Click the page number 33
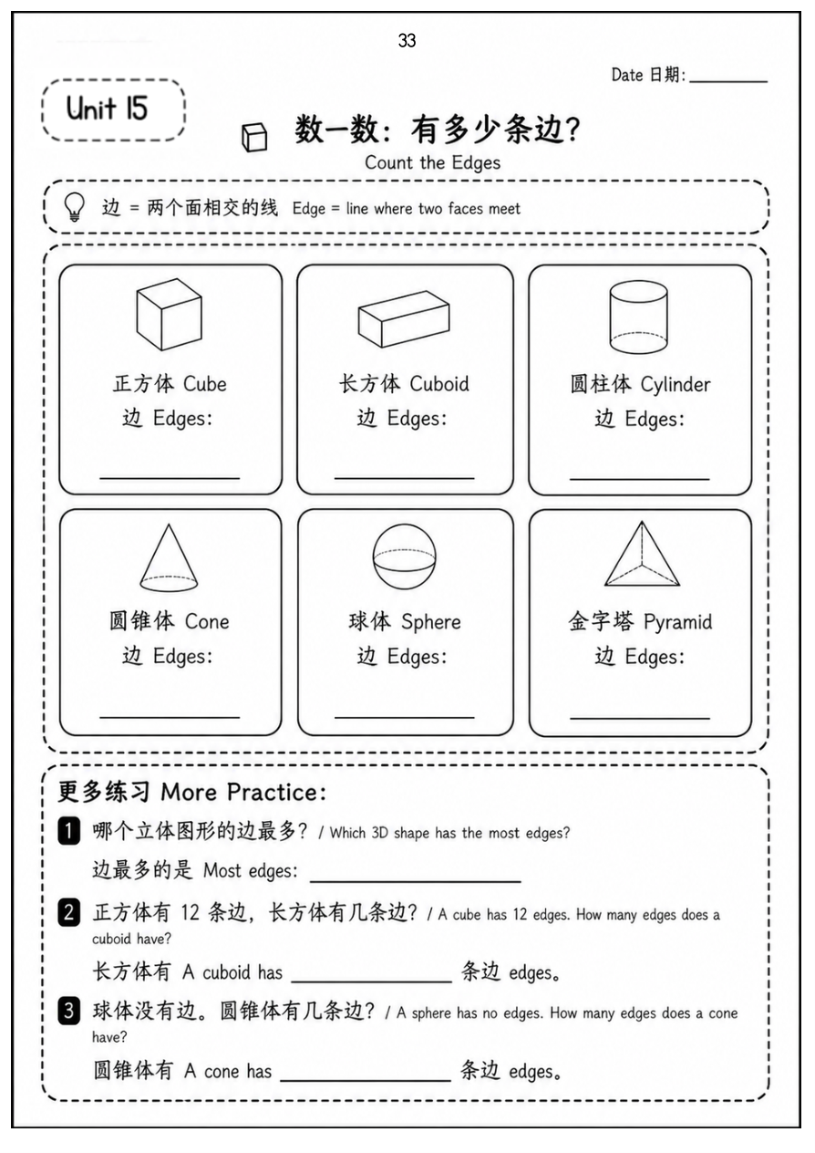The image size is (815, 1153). (x=407, y=41)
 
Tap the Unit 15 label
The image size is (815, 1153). (x=107, y=109)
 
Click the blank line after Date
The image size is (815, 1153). (x=728, y=81)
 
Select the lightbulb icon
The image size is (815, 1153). (x=74, y=207)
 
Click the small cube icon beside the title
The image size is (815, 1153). (x=254, y=137)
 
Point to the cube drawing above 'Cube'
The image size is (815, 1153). (x=170, y=314)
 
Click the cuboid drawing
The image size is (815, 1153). (x=404, y=319)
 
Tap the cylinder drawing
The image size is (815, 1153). (x=638, y=317)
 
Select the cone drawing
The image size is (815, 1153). (x=169, y=557)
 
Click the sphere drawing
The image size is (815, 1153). (x=405, y=557)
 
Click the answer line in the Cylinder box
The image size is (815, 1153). (x=640, y=479)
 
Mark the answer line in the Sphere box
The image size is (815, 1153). (x=405, y=716)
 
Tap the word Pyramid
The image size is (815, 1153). (x=677, y=623)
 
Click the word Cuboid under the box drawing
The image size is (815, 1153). (x=439, y=384)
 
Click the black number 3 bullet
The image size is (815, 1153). (x=69, y=1011)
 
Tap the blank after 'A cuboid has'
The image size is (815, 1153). (x=371, y=982)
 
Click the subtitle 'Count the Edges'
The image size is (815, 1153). (x=432, y=163)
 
